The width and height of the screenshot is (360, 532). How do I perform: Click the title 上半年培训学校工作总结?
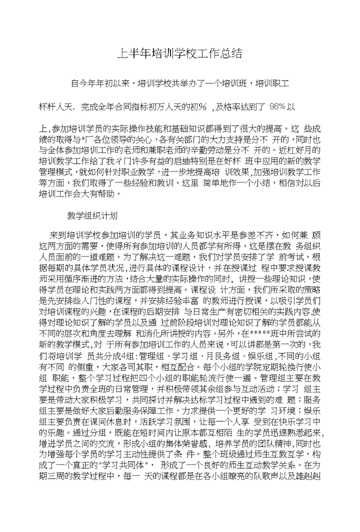pos(180,53)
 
